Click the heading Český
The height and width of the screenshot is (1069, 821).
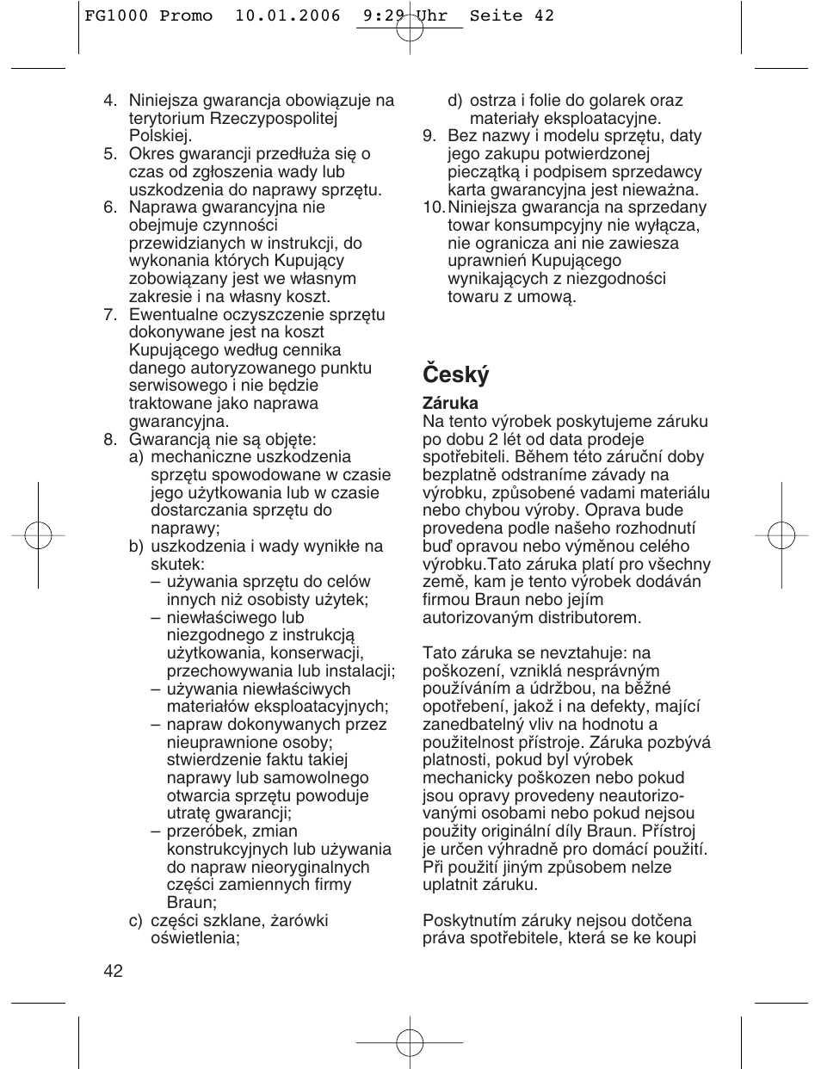coord(455,374)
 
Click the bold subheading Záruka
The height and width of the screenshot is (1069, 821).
coord(450,403)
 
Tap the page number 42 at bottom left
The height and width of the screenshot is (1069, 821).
coord(114,971)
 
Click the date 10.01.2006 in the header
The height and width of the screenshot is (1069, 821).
coord(287,15)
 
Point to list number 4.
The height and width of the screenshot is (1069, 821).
coord(109,101)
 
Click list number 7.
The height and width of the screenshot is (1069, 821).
coord(109,315)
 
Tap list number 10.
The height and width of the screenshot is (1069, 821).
coord(433,207)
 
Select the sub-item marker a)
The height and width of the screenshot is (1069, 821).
coord(136,457)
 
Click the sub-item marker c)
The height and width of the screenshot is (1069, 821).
coord(136,921)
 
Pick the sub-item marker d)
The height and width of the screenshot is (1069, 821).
coord(454,101)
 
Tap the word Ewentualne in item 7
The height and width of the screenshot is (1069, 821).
coord(171,315)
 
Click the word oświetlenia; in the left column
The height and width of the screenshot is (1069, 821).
coord(195,938)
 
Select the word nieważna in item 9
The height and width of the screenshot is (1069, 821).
coord(664,190)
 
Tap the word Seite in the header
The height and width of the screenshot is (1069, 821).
coord(497,15)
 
